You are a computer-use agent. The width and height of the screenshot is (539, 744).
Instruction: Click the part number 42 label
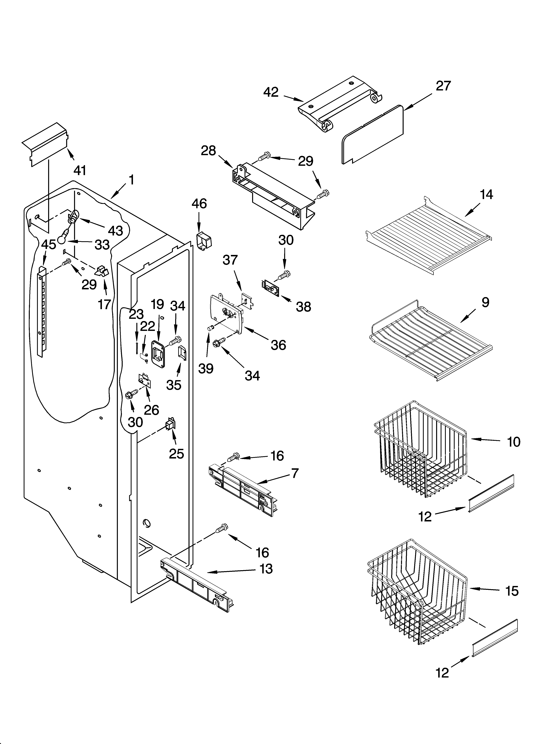(x=271, y=92)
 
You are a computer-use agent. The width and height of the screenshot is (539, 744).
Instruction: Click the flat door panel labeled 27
(x=373, y=135)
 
